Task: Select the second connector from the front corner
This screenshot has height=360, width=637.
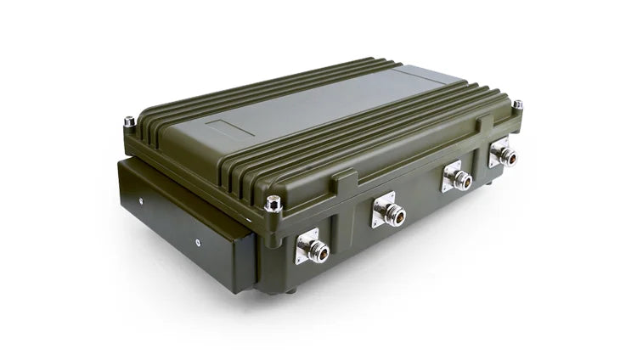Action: [391, 214]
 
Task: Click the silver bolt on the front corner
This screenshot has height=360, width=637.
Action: [273, 204]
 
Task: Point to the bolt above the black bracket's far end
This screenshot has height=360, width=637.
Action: [129, 122]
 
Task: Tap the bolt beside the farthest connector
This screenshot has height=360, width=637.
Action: [517, 105]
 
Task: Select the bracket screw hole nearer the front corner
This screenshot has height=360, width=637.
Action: [196, 242]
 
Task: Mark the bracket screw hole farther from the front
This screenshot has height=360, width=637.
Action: [141, 201]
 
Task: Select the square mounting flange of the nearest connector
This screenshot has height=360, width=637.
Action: [306, 247]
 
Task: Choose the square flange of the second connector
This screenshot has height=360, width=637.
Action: [383, 209]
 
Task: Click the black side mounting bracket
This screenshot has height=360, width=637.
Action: [183, 225]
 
